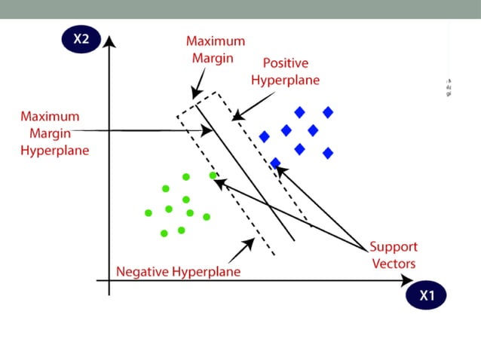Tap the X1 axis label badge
[x=427, y=295]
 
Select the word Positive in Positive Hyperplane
[x=285, y=63]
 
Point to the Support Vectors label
[x=393, y=255]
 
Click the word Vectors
[x=393, y=264]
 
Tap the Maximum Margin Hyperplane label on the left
[x=54, y=133]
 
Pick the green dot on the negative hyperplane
[x=213, y=175]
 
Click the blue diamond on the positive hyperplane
[x=276, y=163]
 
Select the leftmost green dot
[x=149, y=213]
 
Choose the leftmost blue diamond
[x=265, y=137]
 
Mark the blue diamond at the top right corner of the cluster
[x=328, y=112]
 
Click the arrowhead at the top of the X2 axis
[x=110, y=40]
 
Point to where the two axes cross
[x=110, y=281]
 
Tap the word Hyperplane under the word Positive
[x=284, y=79]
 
